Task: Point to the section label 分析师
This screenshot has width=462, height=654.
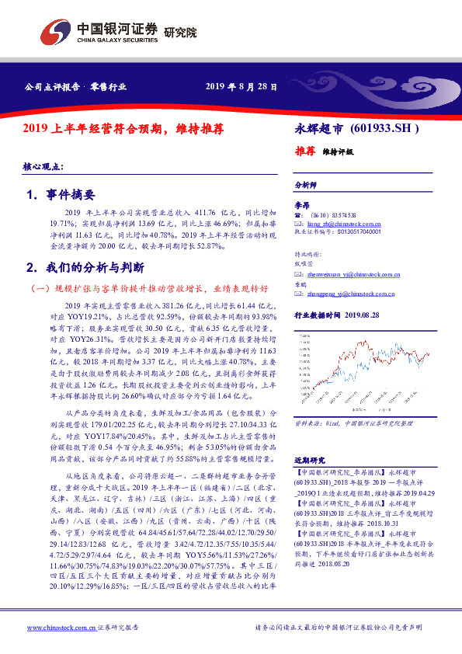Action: click(305, 185)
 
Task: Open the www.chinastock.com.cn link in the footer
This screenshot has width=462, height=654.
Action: click(61, 627)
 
